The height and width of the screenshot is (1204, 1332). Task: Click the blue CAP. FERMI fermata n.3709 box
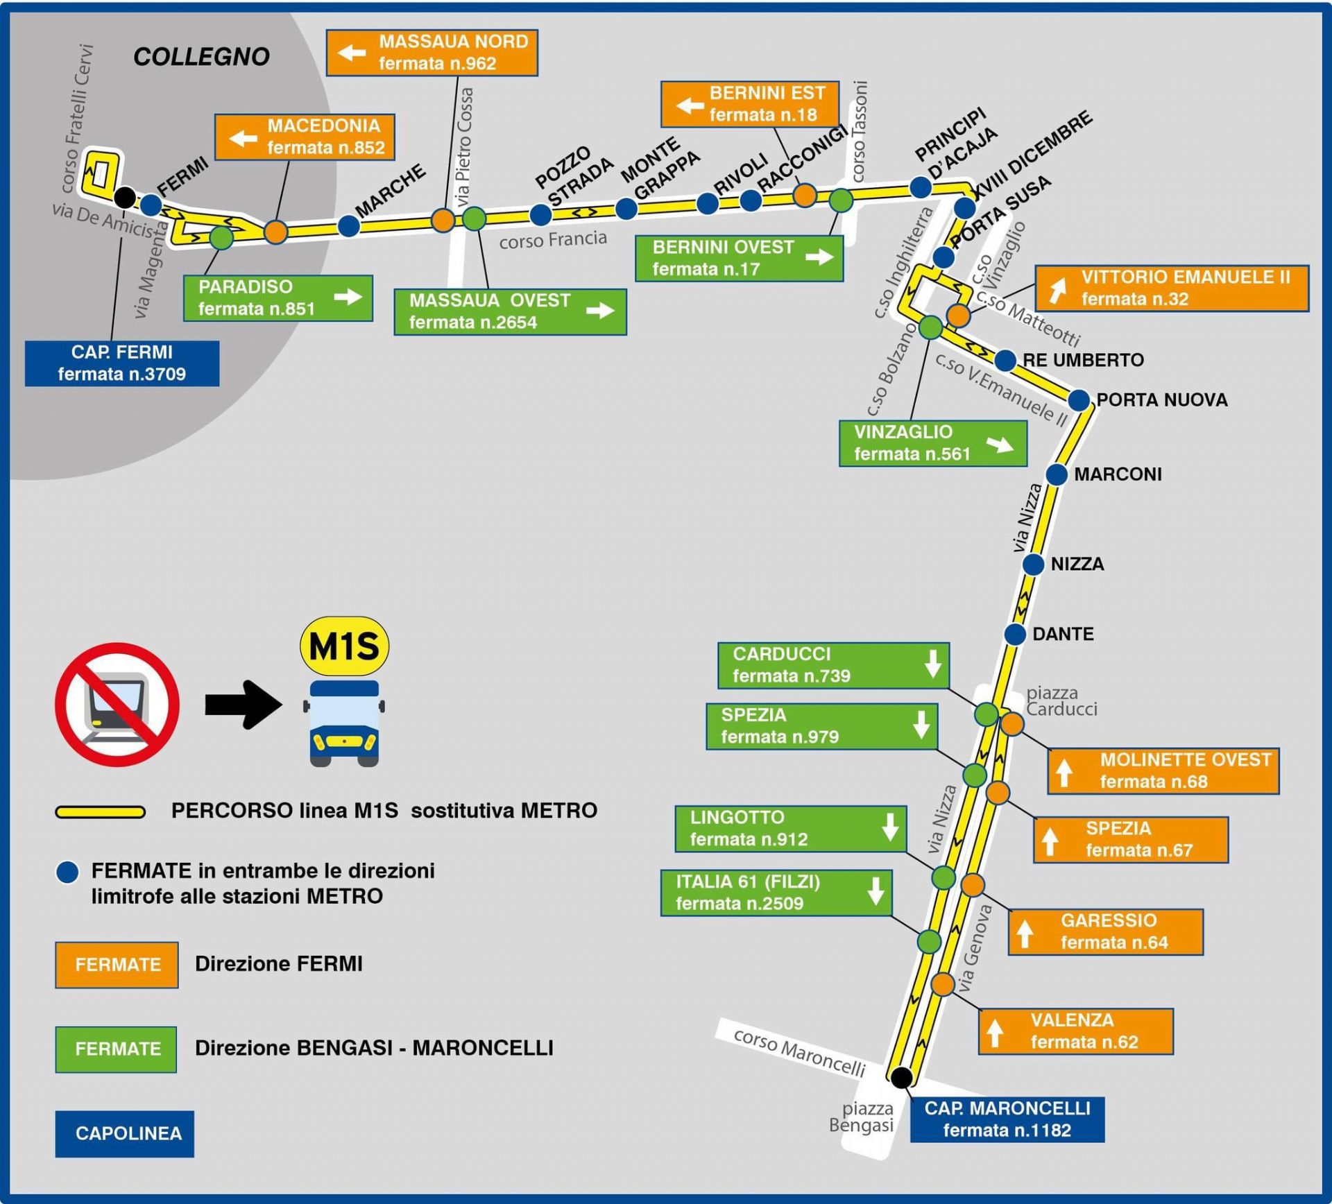(122, 363)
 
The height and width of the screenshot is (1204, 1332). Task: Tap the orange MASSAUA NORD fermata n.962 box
(432, 52)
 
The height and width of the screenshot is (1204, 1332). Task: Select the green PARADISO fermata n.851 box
(277, 298)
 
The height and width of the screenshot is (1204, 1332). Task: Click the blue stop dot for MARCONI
(1056, 474)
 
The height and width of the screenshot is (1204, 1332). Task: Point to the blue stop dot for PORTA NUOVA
(1078, 400)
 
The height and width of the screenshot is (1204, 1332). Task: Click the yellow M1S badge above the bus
(344, 646)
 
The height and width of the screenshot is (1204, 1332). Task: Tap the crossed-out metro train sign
(117, 704)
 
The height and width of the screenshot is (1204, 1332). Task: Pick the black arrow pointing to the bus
(243, 705)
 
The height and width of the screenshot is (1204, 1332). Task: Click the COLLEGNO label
(201, 57)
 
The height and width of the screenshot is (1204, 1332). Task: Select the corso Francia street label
(553, 240)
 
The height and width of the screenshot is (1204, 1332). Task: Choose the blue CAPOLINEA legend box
(125, 1133)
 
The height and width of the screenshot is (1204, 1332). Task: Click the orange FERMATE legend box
(117, 964)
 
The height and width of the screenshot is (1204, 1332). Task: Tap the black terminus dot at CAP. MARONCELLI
(901, 1077)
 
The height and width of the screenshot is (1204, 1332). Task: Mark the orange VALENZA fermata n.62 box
(1075, 1031)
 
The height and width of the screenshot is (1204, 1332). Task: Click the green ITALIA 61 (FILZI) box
(776, 893)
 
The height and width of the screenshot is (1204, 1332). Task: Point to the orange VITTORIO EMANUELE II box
(1172, 288)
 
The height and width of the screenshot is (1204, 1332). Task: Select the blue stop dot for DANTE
(1015, 634)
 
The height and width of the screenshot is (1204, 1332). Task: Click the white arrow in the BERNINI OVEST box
(819, 257)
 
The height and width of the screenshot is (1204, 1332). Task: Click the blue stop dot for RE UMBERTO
(1005, 361)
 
